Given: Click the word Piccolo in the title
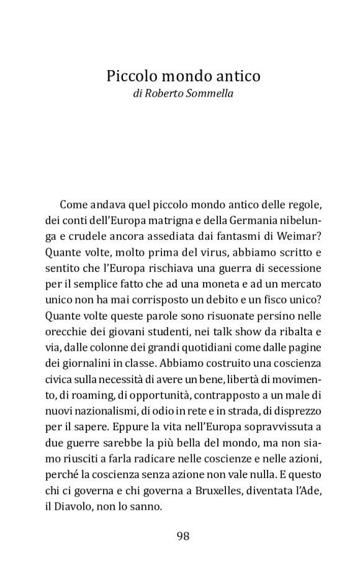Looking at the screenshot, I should click(x=128, y=76).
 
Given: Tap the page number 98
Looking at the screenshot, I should click(x=182, y=536).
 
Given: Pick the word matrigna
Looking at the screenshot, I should click(x=161, y=220).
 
